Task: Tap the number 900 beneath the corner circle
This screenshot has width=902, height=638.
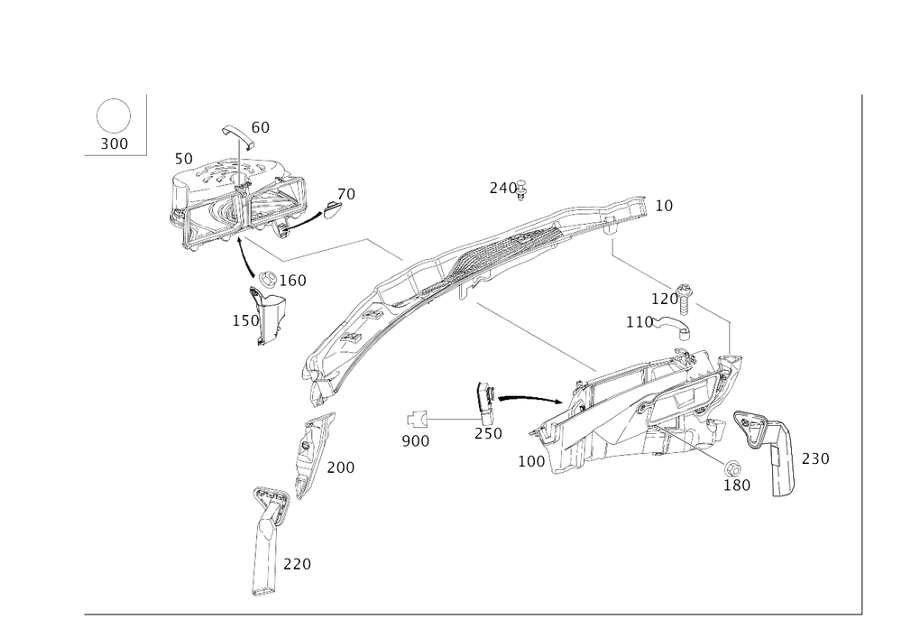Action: pos(115,143)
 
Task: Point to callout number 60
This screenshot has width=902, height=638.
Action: pos(259,127)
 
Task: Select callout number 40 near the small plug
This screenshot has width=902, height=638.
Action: pos(345,193)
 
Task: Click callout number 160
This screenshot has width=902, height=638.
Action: pos(294,281)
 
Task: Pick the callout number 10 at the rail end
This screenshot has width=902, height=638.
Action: pos(664,207)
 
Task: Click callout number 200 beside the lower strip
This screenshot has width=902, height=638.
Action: pos(340,467)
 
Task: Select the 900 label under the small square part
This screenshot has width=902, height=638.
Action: pos(416,441)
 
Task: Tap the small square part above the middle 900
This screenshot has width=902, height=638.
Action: pos(418,419)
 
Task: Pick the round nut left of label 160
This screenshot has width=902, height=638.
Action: pos(267,280)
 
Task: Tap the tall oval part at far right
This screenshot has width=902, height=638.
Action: pos(781,460)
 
